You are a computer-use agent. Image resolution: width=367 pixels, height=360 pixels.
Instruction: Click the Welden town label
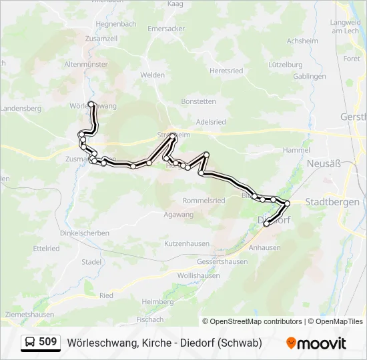point(152,75)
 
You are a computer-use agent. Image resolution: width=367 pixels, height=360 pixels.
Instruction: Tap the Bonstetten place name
point(198,101)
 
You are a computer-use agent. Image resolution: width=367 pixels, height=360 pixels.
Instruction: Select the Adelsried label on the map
point(211,122)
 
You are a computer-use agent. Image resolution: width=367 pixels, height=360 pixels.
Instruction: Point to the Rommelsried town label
point(204,200)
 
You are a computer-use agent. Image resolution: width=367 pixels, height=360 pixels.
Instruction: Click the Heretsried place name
point(226,70)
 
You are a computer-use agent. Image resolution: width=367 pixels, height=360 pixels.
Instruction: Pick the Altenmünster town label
point(85,64)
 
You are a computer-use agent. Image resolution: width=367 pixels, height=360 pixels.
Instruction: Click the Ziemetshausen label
point(28,314)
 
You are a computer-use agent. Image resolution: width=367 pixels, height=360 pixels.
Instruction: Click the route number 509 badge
point(47,342)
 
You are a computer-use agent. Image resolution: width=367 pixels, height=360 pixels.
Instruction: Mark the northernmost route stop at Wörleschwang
point(91,104)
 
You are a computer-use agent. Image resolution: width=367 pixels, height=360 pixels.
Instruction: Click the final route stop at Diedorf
point(267,224)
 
